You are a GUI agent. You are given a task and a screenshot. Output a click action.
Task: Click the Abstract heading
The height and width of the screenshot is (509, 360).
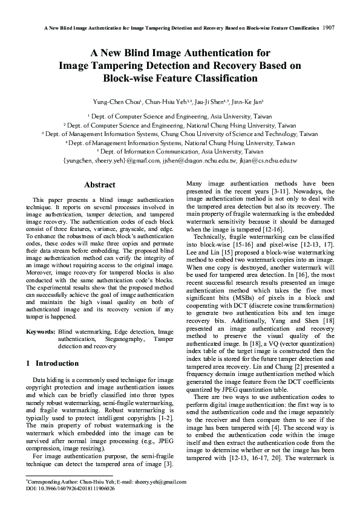coord(100,184)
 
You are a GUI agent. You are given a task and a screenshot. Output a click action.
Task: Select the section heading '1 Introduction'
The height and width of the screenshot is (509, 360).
coord(53,363)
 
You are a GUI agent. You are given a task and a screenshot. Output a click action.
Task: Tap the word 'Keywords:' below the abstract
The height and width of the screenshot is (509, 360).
coord(41,332)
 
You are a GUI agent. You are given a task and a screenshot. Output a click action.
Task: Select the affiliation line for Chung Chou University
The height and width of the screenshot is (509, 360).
coord(180,134)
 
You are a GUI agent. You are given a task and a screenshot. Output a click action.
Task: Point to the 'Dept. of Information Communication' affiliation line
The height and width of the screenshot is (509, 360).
coord(180,152)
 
